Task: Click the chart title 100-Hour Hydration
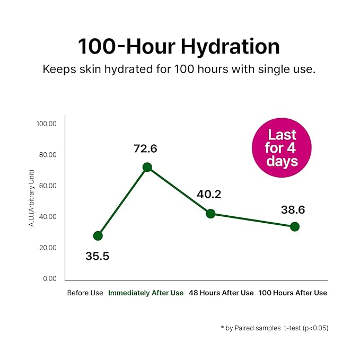coord(179,47)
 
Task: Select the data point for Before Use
coord(98,236)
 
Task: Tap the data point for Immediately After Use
coord(147,167)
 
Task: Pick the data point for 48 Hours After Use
coord(210,214)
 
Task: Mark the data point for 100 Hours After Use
coord(295,226)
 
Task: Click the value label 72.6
coord(145,148)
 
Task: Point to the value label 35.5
coord(97,256)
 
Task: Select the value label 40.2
coord(209,194)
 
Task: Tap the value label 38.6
coord(293,210)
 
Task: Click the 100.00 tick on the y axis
coord(46,124)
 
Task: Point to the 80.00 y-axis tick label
coord(46,155)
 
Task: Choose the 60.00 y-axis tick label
coord(46,186)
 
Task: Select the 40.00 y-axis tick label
coord(46,217)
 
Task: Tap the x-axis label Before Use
coord(85,293)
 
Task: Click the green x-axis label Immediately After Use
coord(146,293)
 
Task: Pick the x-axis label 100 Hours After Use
coord(293,293)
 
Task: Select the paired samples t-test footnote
coord(275,328)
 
